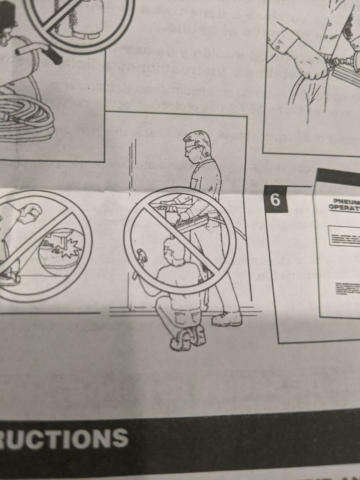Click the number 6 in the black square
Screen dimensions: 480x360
click(275, 200)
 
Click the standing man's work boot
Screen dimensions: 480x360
click(227, 318)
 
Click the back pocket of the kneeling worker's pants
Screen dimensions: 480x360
click(182, 317)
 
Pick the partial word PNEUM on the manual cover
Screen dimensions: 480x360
click(346, 201)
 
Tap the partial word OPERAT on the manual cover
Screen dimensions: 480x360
click(344, 208)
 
